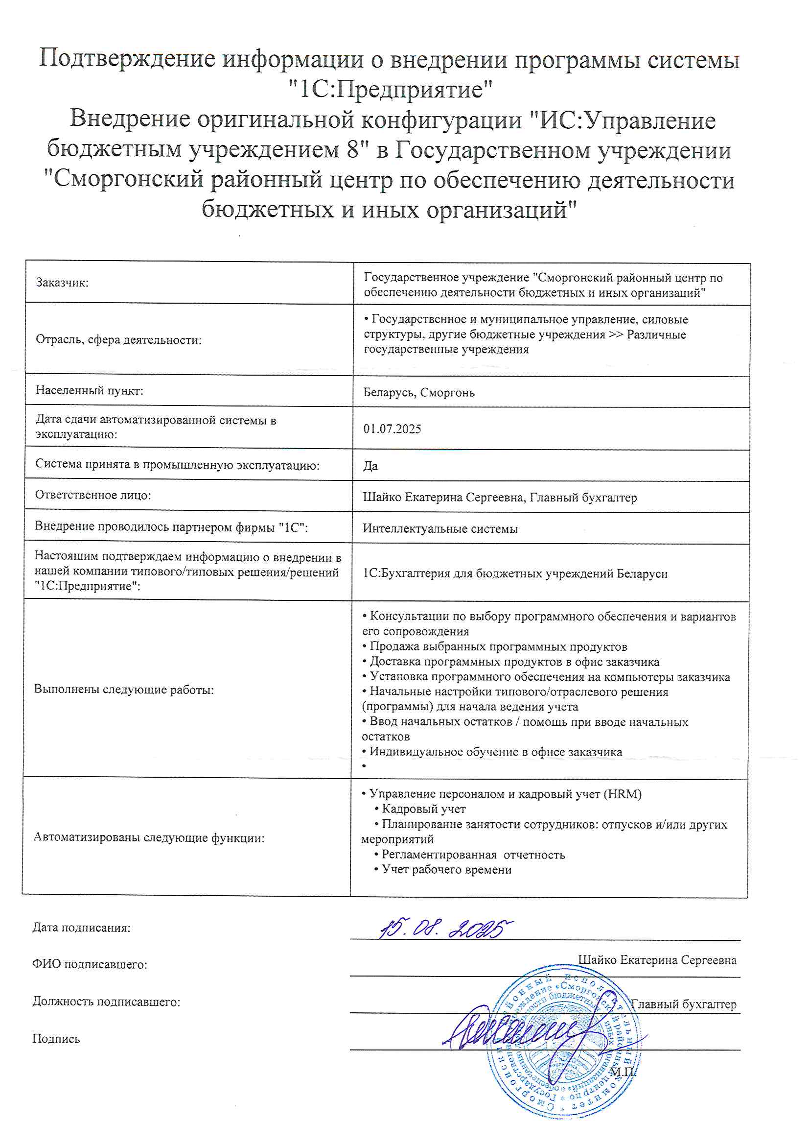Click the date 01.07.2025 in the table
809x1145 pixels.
(392, 429)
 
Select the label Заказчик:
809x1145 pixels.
(62, 283)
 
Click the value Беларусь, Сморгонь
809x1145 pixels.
(419, 392)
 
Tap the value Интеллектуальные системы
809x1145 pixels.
(440, 528)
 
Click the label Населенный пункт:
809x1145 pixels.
(89, 390)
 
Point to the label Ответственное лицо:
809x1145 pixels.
(92, 495)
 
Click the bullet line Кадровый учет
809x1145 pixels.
(423, 809)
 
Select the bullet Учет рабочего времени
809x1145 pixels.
(446, 869)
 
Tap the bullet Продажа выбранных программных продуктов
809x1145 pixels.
(498, 647)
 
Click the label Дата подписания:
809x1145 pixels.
(81, 928)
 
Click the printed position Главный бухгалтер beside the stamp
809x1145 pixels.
(683, 1004)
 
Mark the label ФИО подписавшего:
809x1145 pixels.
(90, 964)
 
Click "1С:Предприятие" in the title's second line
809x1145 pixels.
(390, 90)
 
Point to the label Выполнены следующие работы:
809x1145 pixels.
(124, 690)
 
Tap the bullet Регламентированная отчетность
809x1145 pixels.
(473, 854)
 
